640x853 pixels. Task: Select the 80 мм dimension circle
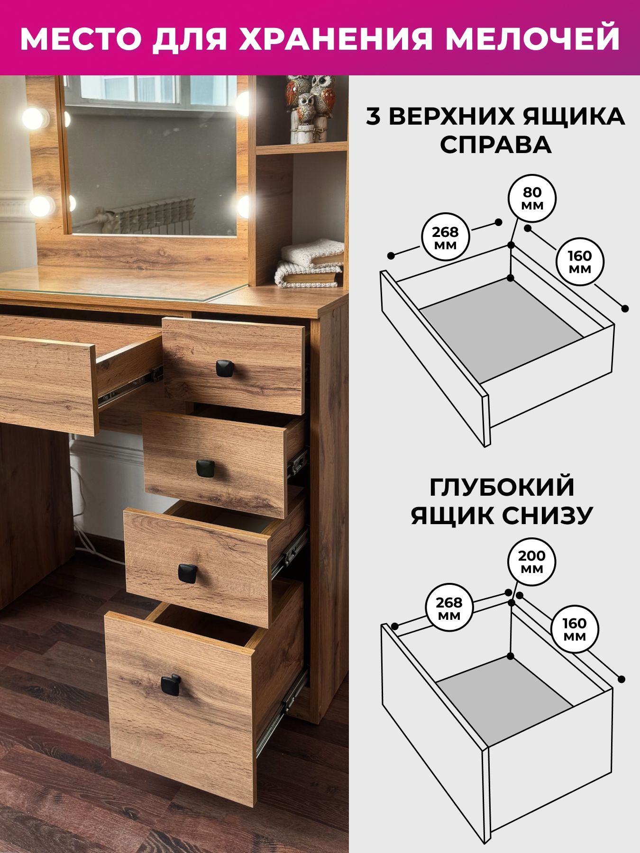pyautogui.click(x=532, y=200)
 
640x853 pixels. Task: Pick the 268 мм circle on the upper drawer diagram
pyautogui.click(x=446, y=238)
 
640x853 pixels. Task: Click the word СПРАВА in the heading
pyautogui.click(x=495, y=145)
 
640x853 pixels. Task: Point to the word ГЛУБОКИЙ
pyautogui.click(x=502, y=487)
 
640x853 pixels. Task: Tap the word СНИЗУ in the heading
pyautogui.click(x=545, y=516)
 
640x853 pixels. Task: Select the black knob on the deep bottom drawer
pyautogui.click(x=170, y=685)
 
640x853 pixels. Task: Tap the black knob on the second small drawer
pyautogui.click(x=206, y=468)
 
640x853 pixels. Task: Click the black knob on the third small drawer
pyautogui.click(x=188, y=573)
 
